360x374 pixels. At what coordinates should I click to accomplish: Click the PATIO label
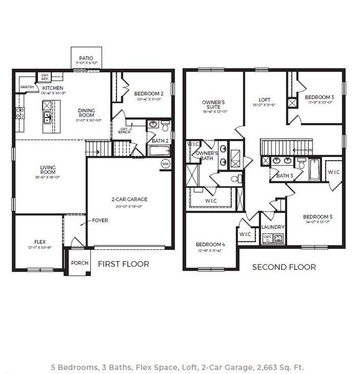coord(86,58)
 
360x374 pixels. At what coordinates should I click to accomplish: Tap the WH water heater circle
coord(166,163)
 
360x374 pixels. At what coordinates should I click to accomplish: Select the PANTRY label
coord(27,87)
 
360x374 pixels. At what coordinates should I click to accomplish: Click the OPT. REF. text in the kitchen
coord(45,77)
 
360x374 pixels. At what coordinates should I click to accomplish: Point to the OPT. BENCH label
coord(125,131)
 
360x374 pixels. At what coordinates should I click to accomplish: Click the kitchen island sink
coord(47,115)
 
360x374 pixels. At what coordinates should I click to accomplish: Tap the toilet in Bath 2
coord(165,127)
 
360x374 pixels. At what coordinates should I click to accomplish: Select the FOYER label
coord(100,220)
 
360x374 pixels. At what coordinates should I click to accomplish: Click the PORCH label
coord(79,262)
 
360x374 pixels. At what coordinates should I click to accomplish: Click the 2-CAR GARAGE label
coord(130,199)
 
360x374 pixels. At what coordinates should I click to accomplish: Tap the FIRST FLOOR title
coord(123,264)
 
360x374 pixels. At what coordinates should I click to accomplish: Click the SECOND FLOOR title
coord(283,267)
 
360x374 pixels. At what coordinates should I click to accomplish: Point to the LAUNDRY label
coord(273,228)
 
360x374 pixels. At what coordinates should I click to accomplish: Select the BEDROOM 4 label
coord(210,244)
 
